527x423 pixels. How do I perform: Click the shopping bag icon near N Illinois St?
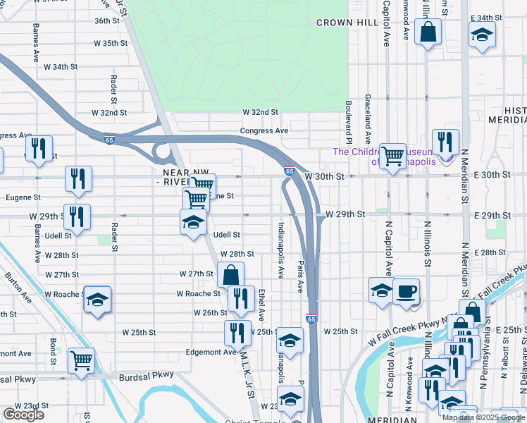428,32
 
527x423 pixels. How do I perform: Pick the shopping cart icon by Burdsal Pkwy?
81,360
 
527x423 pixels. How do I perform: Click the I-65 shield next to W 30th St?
290,171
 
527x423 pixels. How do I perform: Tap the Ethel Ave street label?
261,305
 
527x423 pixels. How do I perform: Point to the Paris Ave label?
299,276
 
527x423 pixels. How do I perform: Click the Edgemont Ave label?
211,352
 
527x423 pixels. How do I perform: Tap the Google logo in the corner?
23,415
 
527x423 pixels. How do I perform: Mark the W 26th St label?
209,312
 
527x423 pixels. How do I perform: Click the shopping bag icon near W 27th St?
230,275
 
